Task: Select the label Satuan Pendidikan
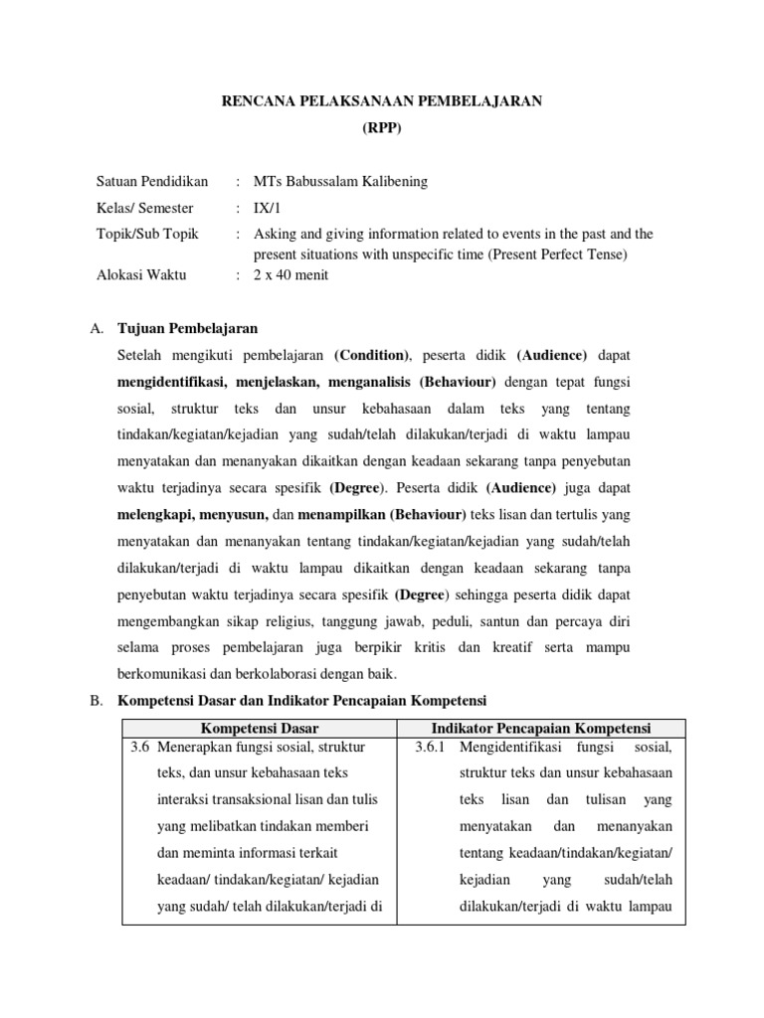152,182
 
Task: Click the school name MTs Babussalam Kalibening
341,182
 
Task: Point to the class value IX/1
269,209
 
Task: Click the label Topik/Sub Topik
147,235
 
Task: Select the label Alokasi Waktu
140,275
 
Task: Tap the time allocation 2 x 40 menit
290,275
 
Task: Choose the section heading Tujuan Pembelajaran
187,328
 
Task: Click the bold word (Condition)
372,355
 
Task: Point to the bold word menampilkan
338,515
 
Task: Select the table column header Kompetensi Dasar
259,729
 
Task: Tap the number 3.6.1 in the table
435,747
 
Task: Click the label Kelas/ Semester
145,209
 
